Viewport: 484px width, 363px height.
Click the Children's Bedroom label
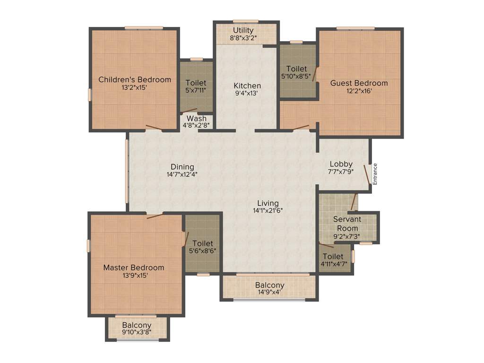135,79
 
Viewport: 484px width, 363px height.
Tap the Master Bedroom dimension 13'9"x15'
134,276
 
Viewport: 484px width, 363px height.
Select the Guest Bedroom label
359,83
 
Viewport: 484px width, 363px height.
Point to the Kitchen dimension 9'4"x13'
247,94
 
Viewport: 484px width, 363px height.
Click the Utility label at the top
243,31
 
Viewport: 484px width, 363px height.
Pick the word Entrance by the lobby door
375,174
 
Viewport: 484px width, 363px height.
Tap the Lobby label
341,164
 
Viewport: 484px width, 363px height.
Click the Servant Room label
347,224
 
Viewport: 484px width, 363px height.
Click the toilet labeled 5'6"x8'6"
203,247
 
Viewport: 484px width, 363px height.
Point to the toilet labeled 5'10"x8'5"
296,72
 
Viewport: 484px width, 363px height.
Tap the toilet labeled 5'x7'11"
196,86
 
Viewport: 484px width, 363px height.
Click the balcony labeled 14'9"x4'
270,288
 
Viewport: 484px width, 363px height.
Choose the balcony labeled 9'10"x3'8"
137,328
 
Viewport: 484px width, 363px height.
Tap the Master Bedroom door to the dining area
155,216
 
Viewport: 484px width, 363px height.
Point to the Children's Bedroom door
154,127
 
